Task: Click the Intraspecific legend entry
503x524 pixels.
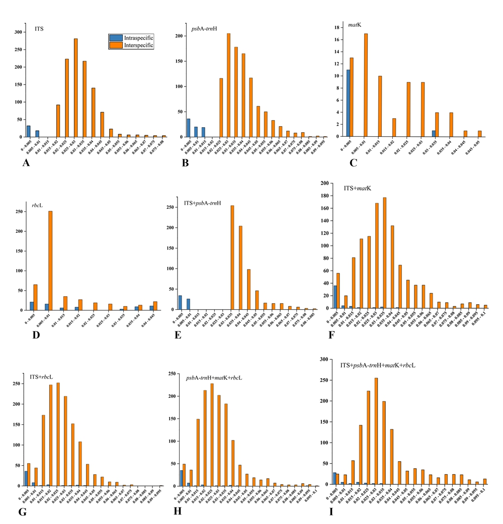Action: click(x=132, y=38)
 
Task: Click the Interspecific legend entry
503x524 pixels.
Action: click(x=132, y=45)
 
